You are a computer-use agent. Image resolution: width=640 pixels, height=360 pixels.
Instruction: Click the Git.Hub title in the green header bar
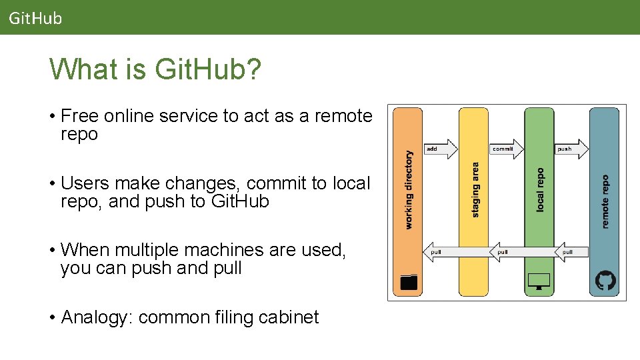[x=35, y=18]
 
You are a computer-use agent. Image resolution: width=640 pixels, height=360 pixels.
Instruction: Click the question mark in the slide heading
[x=253, y=69]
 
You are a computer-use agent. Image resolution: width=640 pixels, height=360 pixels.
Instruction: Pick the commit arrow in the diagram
[x=505, y=149]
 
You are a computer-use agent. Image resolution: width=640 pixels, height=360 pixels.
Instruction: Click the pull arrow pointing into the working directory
[x=440, y=251]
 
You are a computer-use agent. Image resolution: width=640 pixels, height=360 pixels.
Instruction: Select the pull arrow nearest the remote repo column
[x=571, y=251]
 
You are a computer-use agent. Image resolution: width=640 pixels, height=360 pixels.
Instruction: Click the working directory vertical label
[x=409, y=190]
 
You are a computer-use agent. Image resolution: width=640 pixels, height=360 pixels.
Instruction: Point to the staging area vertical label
[x=475, y=190]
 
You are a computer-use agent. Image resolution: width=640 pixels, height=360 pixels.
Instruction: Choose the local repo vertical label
[x=540, y=190]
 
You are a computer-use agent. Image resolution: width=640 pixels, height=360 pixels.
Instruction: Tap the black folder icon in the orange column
[x=409, y=282]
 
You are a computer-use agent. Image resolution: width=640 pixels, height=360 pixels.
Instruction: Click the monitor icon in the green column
[x=539, y=281]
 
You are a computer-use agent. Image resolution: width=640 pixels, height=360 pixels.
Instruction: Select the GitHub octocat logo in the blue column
[x=605, y=281]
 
